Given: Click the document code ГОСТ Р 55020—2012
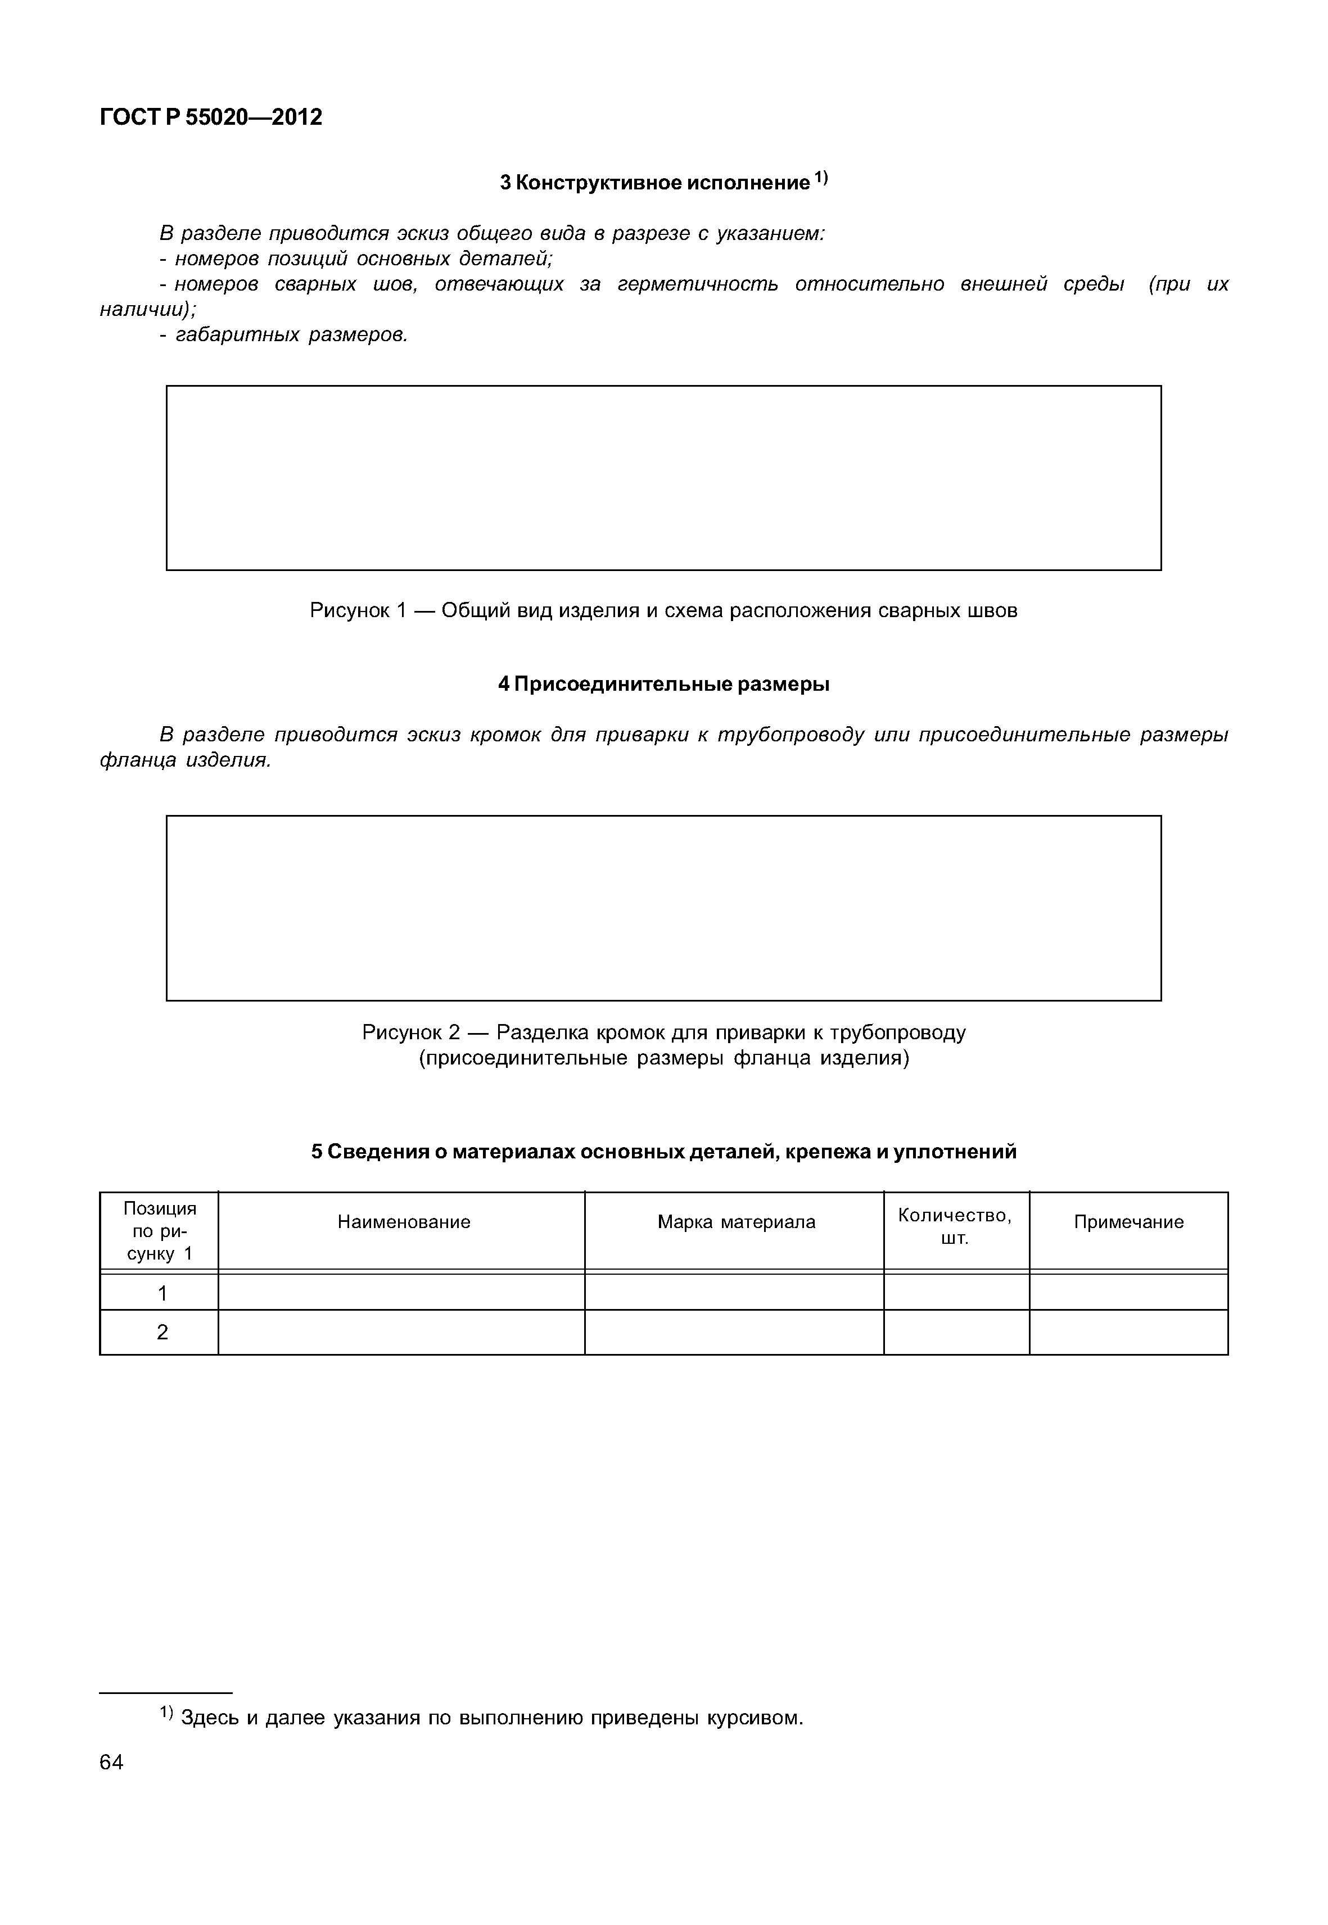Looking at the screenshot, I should pyautogui.click(x=210, y=117).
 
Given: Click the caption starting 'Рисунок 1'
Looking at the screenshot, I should pyautogui.click(x=663, y=610).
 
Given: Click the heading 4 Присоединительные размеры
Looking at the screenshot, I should pyautogui.click(x=663, y=685).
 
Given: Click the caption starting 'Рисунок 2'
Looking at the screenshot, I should pyautogui.click(x=663, y=1032).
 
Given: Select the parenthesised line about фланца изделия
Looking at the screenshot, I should pyautogui.click(x=663, y=1058).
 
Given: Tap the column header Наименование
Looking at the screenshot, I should pyautogui.click(x=404, y=1221).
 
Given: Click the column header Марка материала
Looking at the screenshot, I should pyautogui.click(x=735, y=1221).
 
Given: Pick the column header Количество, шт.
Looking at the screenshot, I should pyautogui.click(x=955, y=1226).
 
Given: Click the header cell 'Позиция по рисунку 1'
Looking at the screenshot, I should pyautogui.click(x=160, y=1230).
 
